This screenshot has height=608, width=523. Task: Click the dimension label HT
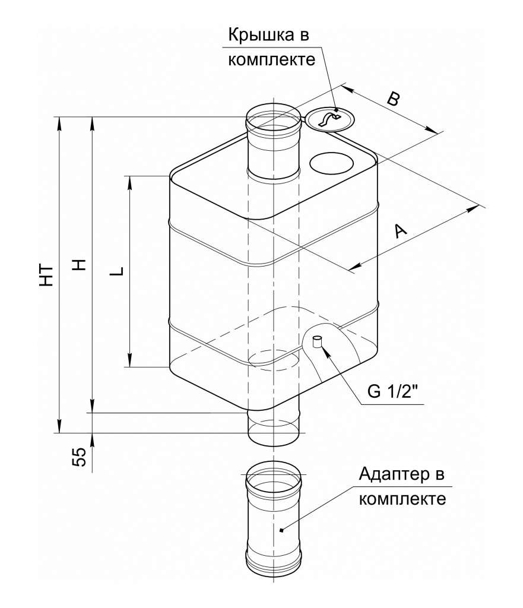(x=48, y=274)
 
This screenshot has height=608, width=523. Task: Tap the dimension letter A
(x=401, y=231)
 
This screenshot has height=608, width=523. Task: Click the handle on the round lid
(x=328, y=120)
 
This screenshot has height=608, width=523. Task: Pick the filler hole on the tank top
(x=332, y=163)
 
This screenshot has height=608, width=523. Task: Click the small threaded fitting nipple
(x=316, y=341)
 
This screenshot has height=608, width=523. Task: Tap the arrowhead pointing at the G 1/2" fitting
(x=324, y=350)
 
